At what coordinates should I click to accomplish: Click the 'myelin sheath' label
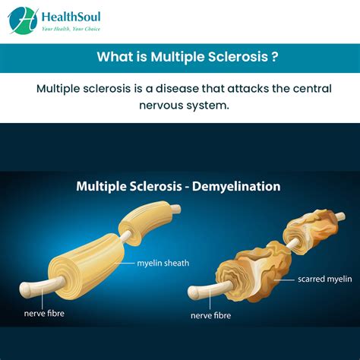(x=163, y=264)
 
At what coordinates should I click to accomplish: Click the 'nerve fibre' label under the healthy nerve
(x=47, y=311)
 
